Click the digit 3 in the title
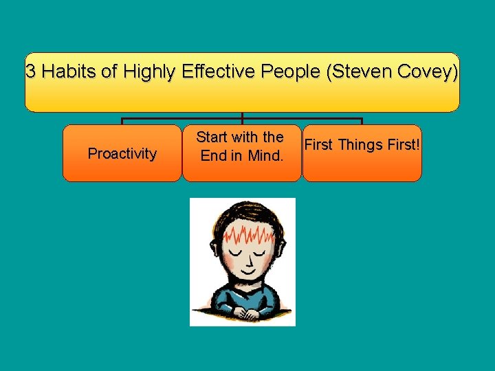[31, 71]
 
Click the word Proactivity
[122, 153]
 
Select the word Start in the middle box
[212, 137]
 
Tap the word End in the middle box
[212, 155]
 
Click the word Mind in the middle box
[264, 155]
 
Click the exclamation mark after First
[417, 144]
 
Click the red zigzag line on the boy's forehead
[242, 236]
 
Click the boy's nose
[243, 265]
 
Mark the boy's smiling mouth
[243, 276]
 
